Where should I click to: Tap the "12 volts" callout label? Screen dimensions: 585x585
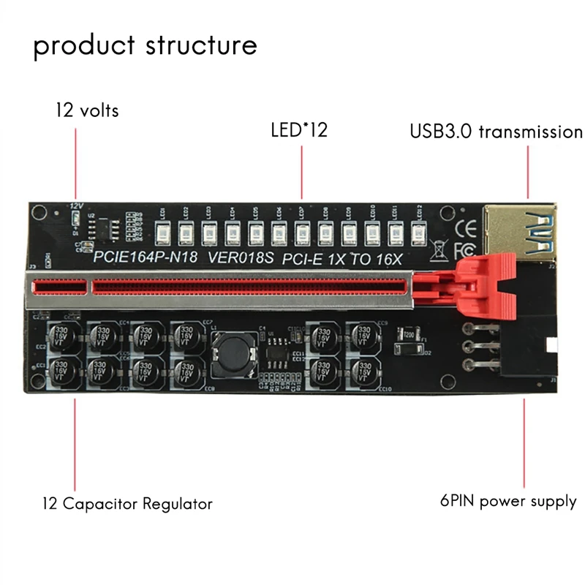pos(87,111)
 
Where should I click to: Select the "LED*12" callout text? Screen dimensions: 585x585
pos(300,131)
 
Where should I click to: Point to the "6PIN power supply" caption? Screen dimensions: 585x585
pos(508,502)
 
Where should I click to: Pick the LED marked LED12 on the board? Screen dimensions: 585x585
pos(418,233)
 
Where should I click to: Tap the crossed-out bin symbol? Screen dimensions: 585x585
pos(439,251)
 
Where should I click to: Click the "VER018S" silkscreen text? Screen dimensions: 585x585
pos(241,257)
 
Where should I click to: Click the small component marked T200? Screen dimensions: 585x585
pos(404,336)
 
